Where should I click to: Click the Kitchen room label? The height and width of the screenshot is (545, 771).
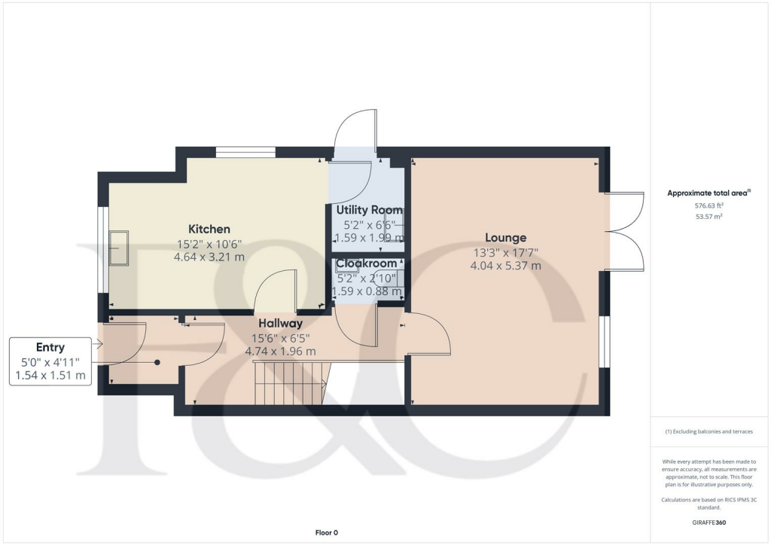click(x=209, y=229)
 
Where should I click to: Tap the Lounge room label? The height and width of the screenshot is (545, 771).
click(x=505, y=238)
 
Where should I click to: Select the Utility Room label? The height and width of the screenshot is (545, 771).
click(x=369, y=210)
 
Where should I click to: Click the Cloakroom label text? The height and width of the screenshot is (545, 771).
click(x=367, y=263)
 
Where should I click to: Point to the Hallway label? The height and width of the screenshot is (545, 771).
click(x=280, y=324)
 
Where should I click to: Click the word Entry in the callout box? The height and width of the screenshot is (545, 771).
click(x=50, y=347)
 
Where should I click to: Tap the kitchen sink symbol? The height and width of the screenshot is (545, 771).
click(x=119, y=248)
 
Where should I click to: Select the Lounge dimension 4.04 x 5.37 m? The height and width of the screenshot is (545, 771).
click(x=505, y=266)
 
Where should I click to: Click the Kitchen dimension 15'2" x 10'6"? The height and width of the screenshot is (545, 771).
click(x=209, y=244)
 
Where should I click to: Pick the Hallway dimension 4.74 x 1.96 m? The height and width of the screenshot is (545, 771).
click(x=280, y=351)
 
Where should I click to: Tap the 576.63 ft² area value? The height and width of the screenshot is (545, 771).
click(x=708, y=205)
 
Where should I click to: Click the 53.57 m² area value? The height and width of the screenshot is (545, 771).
click(x=708, y=216)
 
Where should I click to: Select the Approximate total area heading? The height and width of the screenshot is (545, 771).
click(x=708, y=193)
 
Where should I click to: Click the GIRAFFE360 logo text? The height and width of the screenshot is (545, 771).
click(x=708, y=522)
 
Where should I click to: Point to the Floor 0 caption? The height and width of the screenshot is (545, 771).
click(x=326, y=533)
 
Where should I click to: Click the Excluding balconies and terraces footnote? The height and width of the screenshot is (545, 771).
click(x=708, y=431)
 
